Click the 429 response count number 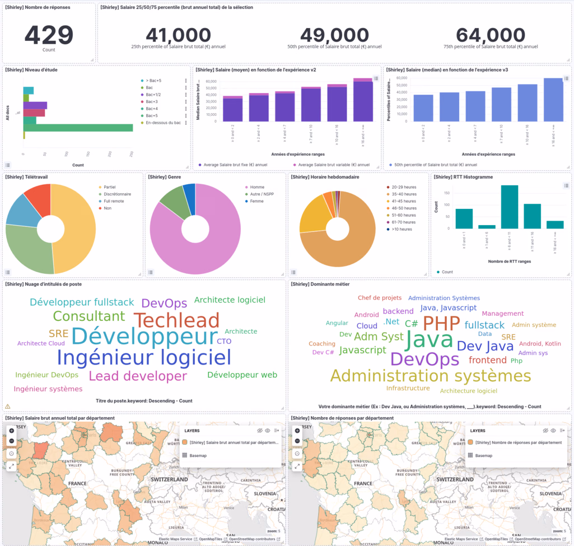(49, 35)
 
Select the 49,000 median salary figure (334, 35)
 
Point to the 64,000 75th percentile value (491, 35)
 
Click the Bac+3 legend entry (152, 101)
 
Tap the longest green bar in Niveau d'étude (78, 128)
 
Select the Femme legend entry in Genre (257, 201)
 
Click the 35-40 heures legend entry (404, 194)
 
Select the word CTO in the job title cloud (224, 341)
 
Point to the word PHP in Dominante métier (441, 323)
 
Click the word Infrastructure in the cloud (408, 388)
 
